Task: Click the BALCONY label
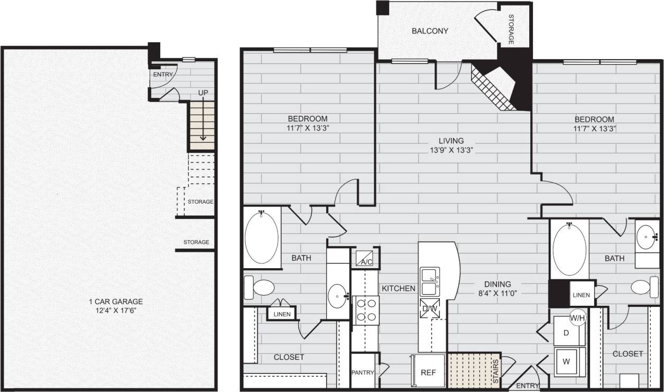click(430, 31)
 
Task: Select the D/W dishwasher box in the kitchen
click(429, 308)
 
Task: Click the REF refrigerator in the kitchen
click(428, 372)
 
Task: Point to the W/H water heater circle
click(577, 318)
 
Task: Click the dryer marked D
click(566, 333)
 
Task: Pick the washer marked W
click(566, 362)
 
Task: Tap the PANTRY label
click(363, 372)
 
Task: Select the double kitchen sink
click(429, 282)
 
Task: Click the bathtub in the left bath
click(262, 238)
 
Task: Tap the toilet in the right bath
click(640, 287)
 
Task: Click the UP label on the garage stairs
click(203, 93)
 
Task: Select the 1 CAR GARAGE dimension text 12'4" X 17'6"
click(116, 311)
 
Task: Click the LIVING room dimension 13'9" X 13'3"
click(451, 150)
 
